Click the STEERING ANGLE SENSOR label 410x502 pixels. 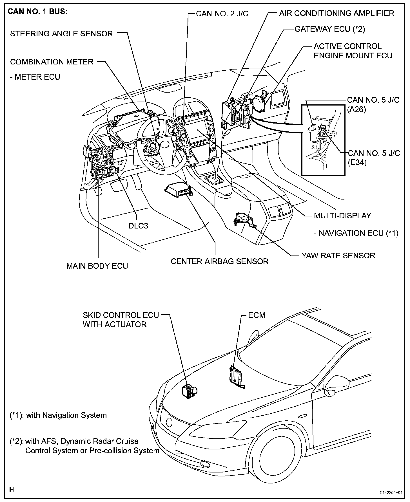[x=61, y=34]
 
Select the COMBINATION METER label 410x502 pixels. [x=52, y=62]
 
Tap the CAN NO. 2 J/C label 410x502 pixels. [x=222, y=14]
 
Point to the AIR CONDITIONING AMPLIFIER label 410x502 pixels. [x=337, y=13]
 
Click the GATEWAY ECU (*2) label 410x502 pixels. [x=330, y=29]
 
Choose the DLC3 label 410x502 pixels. [x=138, y=226]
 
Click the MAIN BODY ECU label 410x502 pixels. [x=97, y=266]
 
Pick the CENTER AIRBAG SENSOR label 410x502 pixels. [x=220, y=261]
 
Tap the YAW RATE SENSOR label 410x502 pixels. [x=338, y=256]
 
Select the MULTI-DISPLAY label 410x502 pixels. [x=342, y=216]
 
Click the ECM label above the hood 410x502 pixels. [x=257, y=315]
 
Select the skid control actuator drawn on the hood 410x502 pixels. [x=189, y=391]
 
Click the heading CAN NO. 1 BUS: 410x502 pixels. [x=38, y=12]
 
